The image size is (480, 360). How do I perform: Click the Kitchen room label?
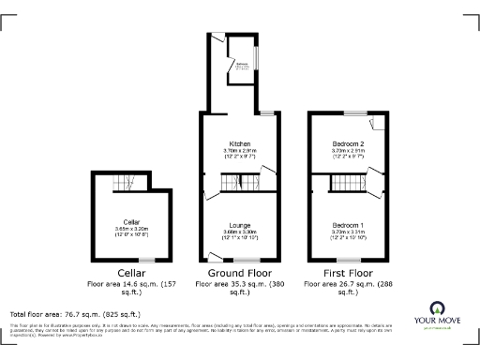pyautogui.click(x=238, y=143)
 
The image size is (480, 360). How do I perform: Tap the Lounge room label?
pyautogui.click(x=238, y=226)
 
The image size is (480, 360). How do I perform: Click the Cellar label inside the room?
pyautogui.click(x=131, y=221)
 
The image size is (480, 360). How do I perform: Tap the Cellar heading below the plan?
pyautogui.click(x=131, y=273)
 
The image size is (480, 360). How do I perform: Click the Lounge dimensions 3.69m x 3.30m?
pyautogui.click(x=238, y=232)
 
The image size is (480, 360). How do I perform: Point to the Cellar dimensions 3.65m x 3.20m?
pyautogui.click(x=131, y=228)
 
